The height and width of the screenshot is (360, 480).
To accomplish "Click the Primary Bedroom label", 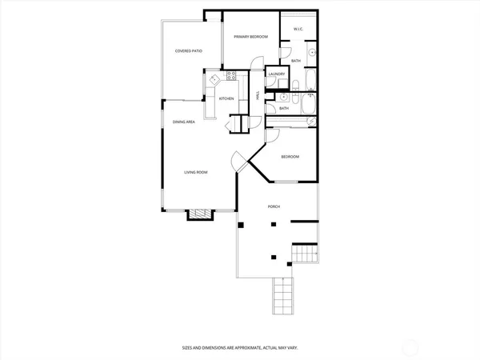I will coord(250,37).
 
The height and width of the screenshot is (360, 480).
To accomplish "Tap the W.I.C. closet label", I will coord(298,30).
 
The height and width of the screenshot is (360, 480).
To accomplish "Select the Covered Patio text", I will coord(189,51).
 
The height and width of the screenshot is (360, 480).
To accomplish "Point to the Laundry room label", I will coord(277,74).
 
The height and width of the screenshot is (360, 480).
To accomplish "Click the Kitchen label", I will coord(226,98).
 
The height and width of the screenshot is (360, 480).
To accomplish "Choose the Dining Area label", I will coord(184,122).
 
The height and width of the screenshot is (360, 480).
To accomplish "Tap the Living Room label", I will coord(196,172).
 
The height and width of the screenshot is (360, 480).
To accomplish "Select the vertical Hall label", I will coord(257,95).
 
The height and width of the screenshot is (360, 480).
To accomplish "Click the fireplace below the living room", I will coord(199,214).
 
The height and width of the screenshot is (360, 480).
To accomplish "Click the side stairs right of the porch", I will coord(306,254).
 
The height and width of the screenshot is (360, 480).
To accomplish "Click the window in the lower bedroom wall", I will coord(286,182).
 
